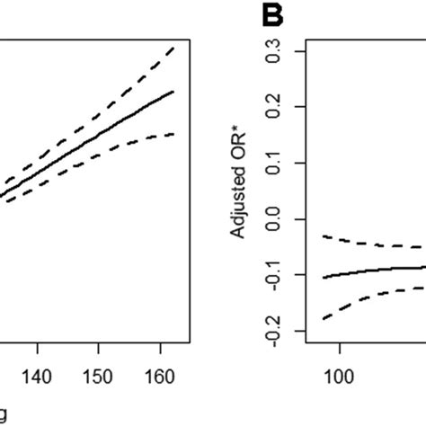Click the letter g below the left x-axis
4,413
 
